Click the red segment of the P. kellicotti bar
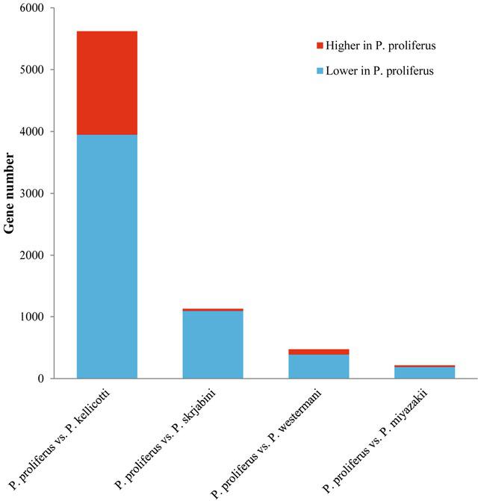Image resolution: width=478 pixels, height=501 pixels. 107,83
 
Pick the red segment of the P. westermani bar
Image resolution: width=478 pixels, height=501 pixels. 319,352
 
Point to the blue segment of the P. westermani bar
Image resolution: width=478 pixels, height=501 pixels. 319,367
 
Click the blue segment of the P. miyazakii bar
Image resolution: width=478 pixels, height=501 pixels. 424,373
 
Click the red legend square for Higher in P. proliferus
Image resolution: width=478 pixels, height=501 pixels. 320,46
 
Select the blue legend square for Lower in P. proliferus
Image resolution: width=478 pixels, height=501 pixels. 320,71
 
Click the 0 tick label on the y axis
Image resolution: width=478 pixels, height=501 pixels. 42,379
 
